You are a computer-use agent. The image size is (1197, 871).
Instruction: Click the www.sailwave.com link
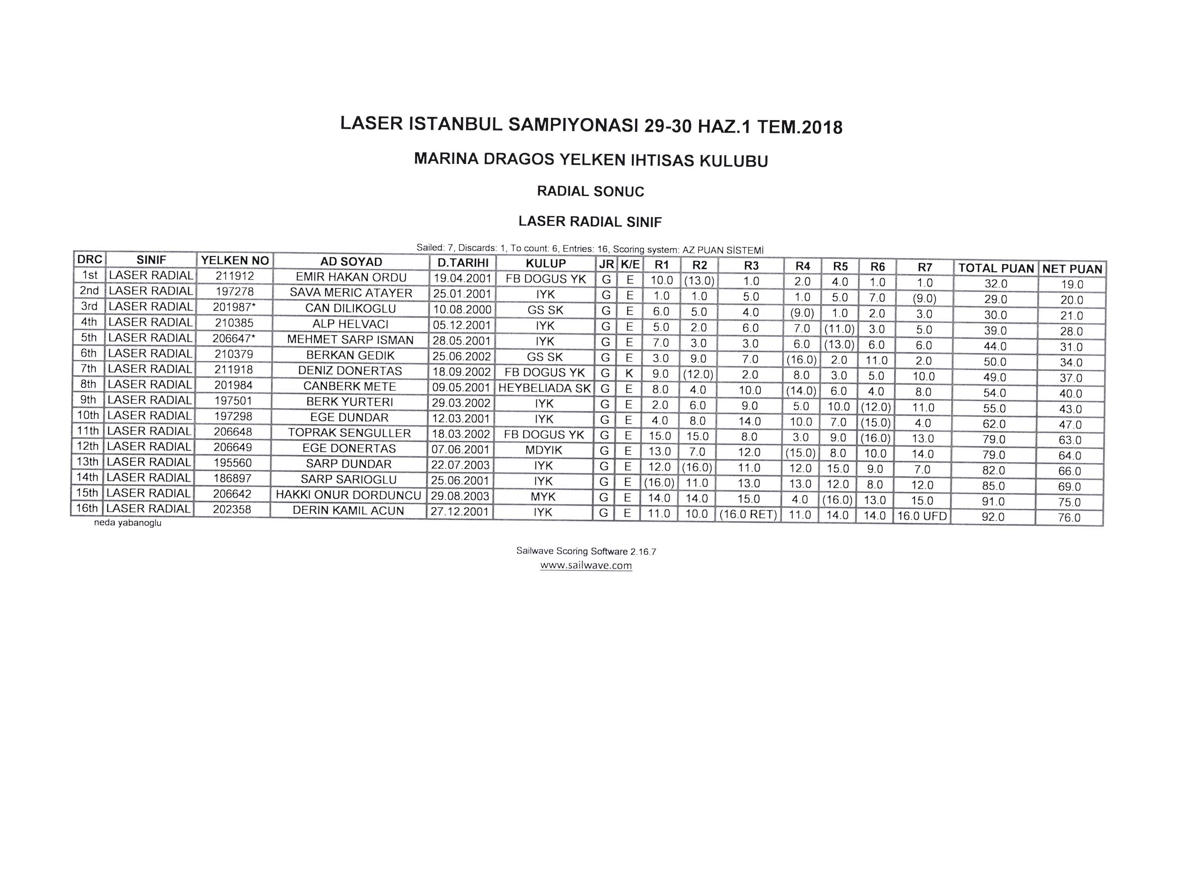pos(586,566)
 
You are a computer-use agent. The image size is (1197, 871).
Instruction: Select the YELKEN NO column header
pos(235,260)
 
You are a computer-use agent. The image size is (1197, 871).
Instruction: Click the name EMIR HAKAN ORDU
pos(351,277)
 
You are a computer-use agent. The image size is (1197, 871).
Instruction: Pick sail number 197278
pos(234,292)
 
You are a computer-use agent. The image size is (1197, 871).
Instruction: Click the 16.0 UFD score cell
pos(922,516)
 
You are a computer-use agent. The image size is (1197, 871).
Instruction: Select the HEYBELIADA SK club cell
pos(545,388)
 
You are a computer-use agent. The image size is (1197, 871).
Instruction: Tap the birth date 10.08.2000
pos(462,309)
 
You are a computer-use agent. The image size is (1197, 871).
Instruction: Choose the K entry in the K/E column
pos(629,373)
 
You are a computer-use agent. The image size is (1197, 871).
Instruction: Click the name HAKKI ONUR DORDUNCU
pos(348,495)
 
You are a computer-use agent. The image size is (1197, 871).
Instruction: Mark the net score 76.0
pos(1069,518)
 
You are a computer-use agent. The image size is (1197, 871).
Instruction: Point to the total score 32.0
pos(995,284)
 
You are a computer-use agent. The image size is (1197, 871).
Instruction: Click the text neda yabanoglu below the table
pos(128,523)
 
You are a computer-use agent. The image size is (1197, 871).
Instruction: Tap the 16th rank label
pos(87,508)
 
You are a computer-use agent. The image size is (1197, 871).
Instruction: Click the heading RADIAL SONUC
pos(591,191)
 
